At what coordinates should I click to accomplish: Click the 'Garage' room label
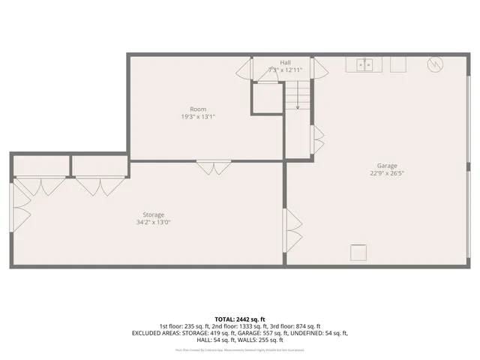(387, 166)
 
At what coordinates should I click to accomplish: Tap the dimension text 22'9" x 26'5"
(387, 173)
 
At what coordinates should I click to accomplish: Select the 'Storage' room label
(154, 214)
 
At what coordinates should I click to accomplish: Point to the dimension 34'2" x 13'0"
(154, 222)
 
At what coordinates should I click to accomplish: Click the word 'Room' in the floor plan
(198, 109)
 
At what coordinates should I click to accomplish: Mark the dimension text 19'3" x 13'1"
(198, 117)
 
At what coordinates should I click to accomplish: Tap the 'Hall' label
(285, 62)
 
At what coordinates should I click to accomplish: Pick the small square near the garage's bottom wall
(360, 253)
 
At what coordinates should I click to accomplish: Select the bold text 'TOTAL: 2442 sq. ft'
(239, 319)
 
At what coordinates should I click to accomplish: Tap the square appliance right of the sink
(397, 65)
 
